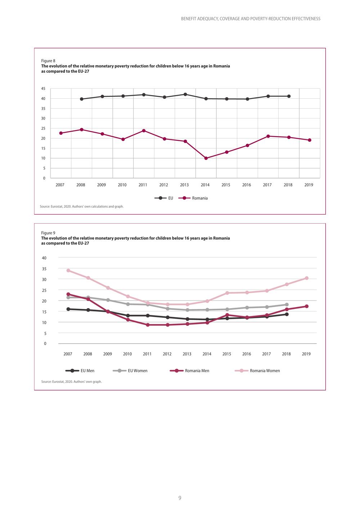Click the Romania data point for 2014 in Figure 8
pos(206,158)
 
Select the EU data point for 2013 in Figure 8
pos(185,94)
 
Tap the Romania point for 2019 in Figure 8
pos(310,140)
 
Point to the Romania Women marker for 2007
pos(68,270)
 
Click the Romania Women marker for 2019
pos(307,278)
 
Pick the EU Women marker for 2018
pos(287,305)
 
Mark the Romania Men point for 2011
pos(148,325)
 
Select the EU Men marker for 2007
pos(68,309)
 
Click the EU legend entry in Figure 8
pos(164,198)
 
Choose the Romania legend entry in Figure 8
pos(193,198)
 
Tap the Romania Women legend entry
pos(257,371)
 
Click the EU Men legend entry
pos(80,371)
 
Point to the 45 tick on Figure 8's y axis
pos(43,89)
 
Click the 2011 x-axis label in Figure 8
pos(143,185)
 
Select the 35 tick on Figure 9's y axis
pos(44,269)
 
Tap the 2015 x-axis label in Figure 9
pos(226,354)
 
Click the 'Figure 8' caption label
pos(48,61)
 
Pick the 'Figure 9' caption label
pos(48,233)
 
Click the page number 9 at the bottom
pos(180,498)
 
